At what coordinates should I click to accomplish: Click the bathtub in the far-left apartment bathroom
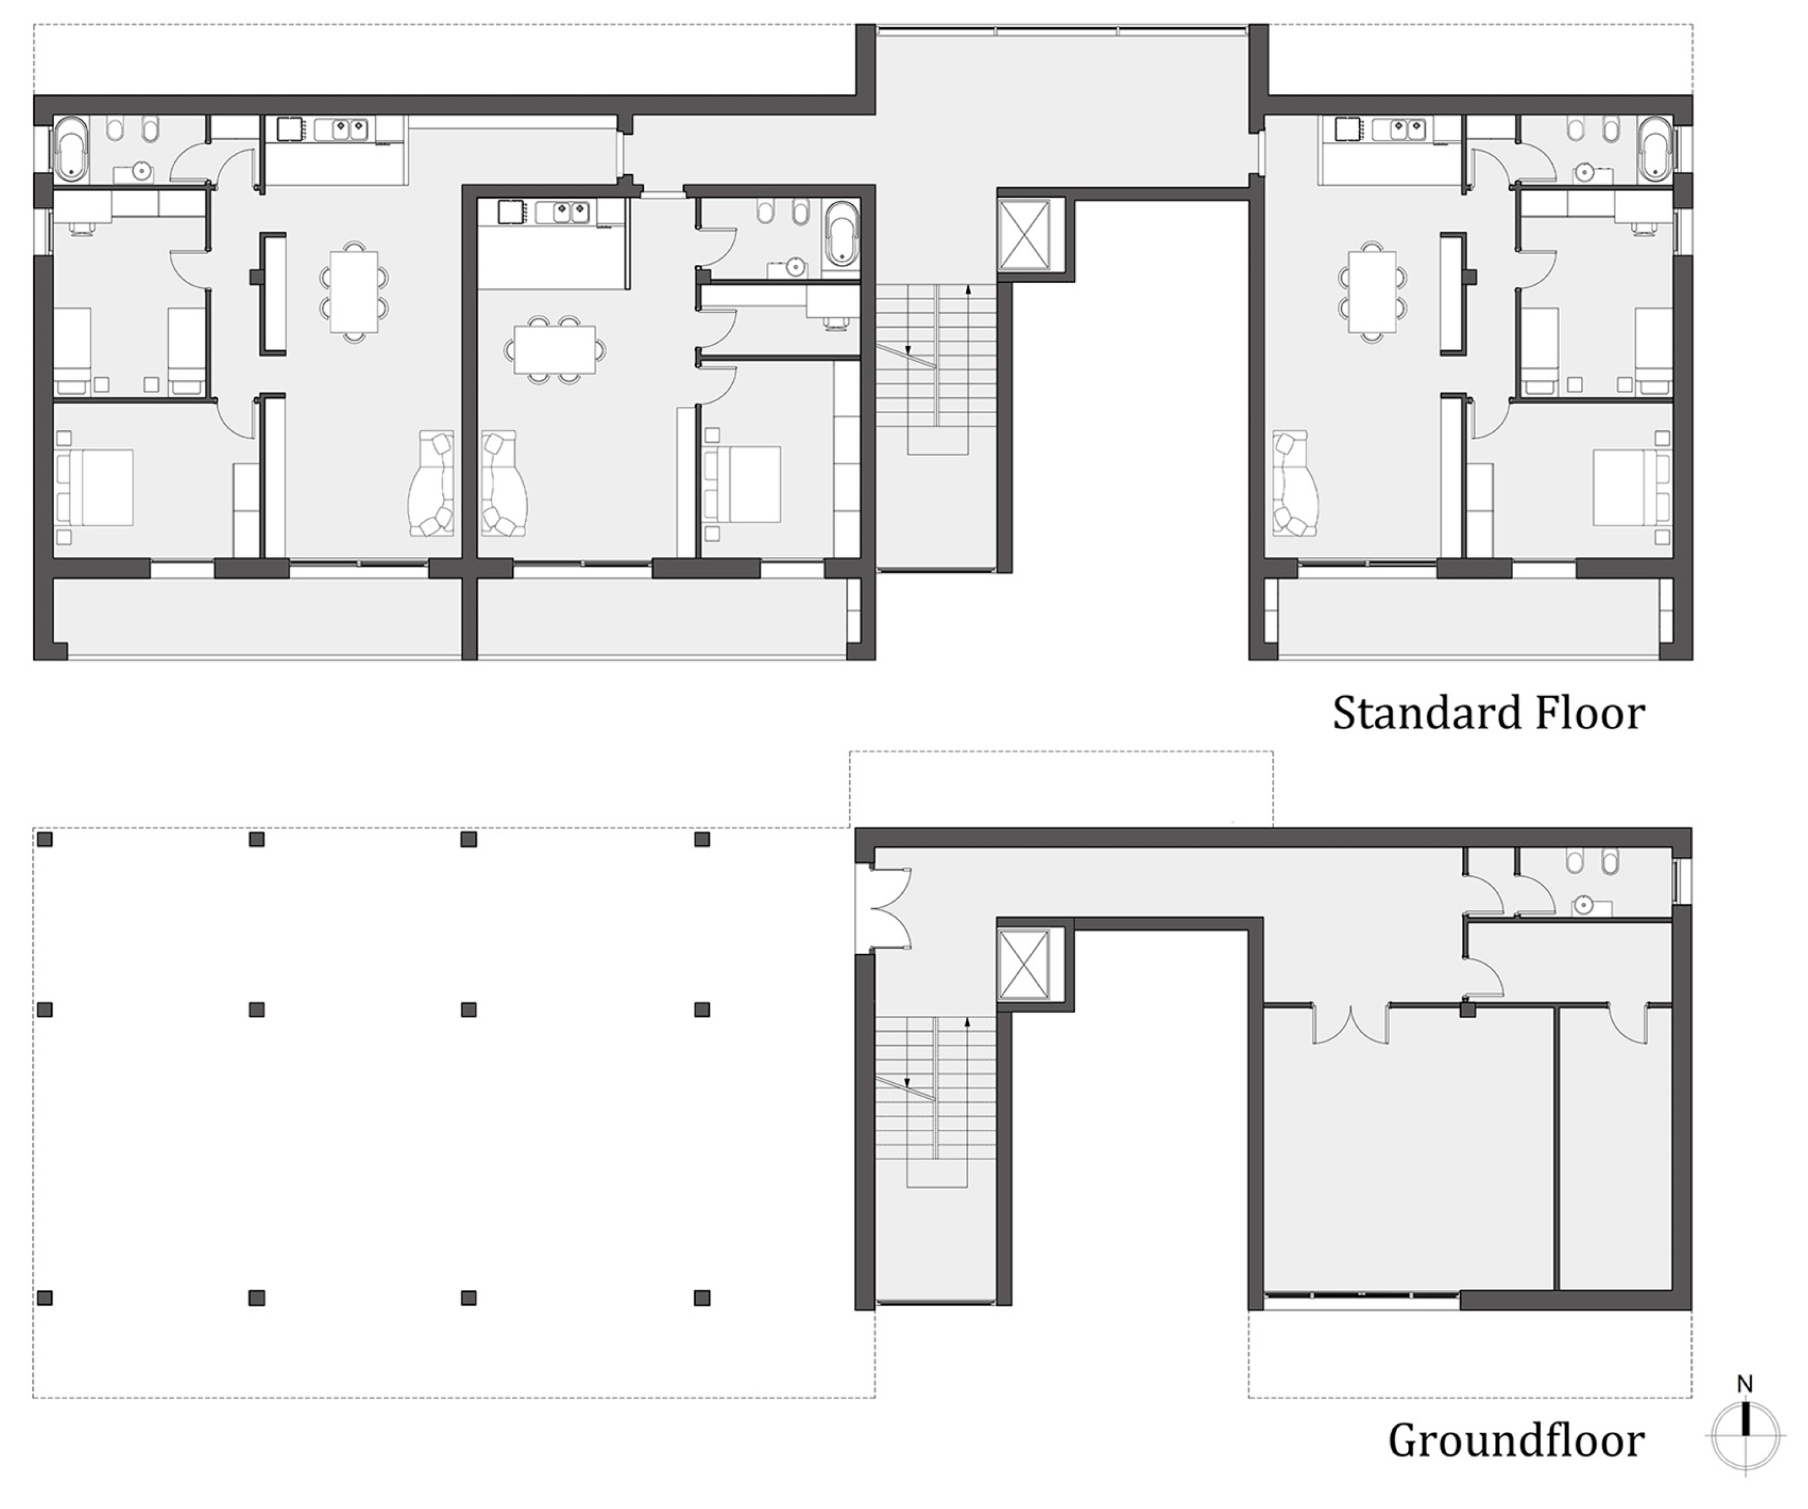click(x=71, y=148)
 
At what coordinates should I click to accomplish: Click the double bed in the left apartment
click(x=95, y=487)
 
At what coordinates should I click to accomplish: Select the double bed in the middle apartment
click(x=742, y=484)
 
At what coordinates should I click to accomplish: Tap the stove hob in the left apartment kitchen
click(x=290, y=129)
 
